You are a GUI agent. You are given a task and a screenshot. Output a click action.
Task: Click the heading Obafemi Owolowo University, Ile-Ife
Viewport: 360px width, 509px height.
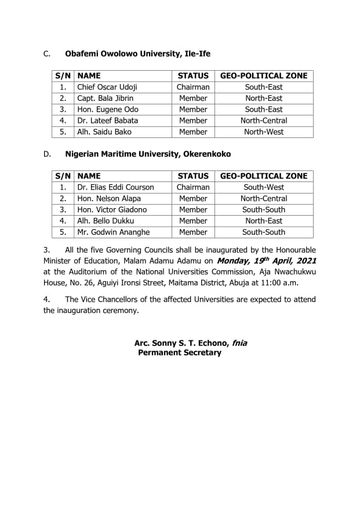137,54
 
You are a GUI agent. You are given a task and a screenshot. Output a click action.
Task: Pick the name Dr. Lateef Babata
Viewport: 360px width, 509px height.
107,121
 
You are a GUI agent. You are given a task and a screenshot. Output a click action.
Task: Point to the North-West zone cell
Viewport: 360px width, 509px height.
264,132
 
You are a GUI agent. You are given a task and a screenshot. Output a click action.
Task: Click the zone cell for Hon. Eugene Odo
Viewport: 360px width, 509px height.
264,109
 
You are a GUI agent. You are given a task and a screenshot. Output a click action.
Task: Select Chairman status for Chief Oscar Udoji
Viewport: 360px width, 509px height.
193,87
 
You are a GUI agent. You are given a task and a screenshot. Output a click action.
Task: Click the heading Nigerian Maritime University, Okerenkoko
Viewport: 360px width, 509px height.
148,154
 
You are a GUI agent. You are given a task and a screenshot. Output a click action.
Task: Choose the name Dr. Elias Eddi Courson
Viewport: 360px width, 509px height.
115,187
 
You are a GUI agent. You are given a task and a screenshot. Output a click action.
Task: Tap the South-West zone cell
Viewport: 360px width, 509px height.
264,187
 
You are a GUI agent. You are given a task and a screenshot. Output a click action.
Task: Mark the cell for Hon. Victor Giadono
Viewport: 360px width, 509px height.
112,209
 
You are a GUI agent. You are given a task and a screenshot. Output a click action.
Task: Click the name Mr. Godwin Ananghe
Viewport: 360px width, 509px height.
113,232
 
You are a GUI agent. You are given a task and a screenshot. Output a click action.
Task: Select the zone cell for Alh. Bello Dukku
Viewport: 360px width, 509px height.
264,221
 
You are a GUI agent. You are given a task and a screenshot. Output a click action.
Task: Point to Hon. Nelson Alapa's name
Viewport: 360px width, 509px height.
109,198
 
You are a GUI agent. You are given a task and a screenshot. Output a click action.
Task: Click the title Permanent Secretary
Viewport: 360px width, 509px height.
180,352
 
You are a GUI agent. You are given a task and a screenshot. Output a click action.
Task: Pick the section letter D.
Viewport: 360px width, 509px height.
46,154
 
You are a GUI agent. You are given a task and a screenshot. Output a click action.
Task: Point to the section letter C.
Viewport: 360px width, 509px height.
46,54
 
